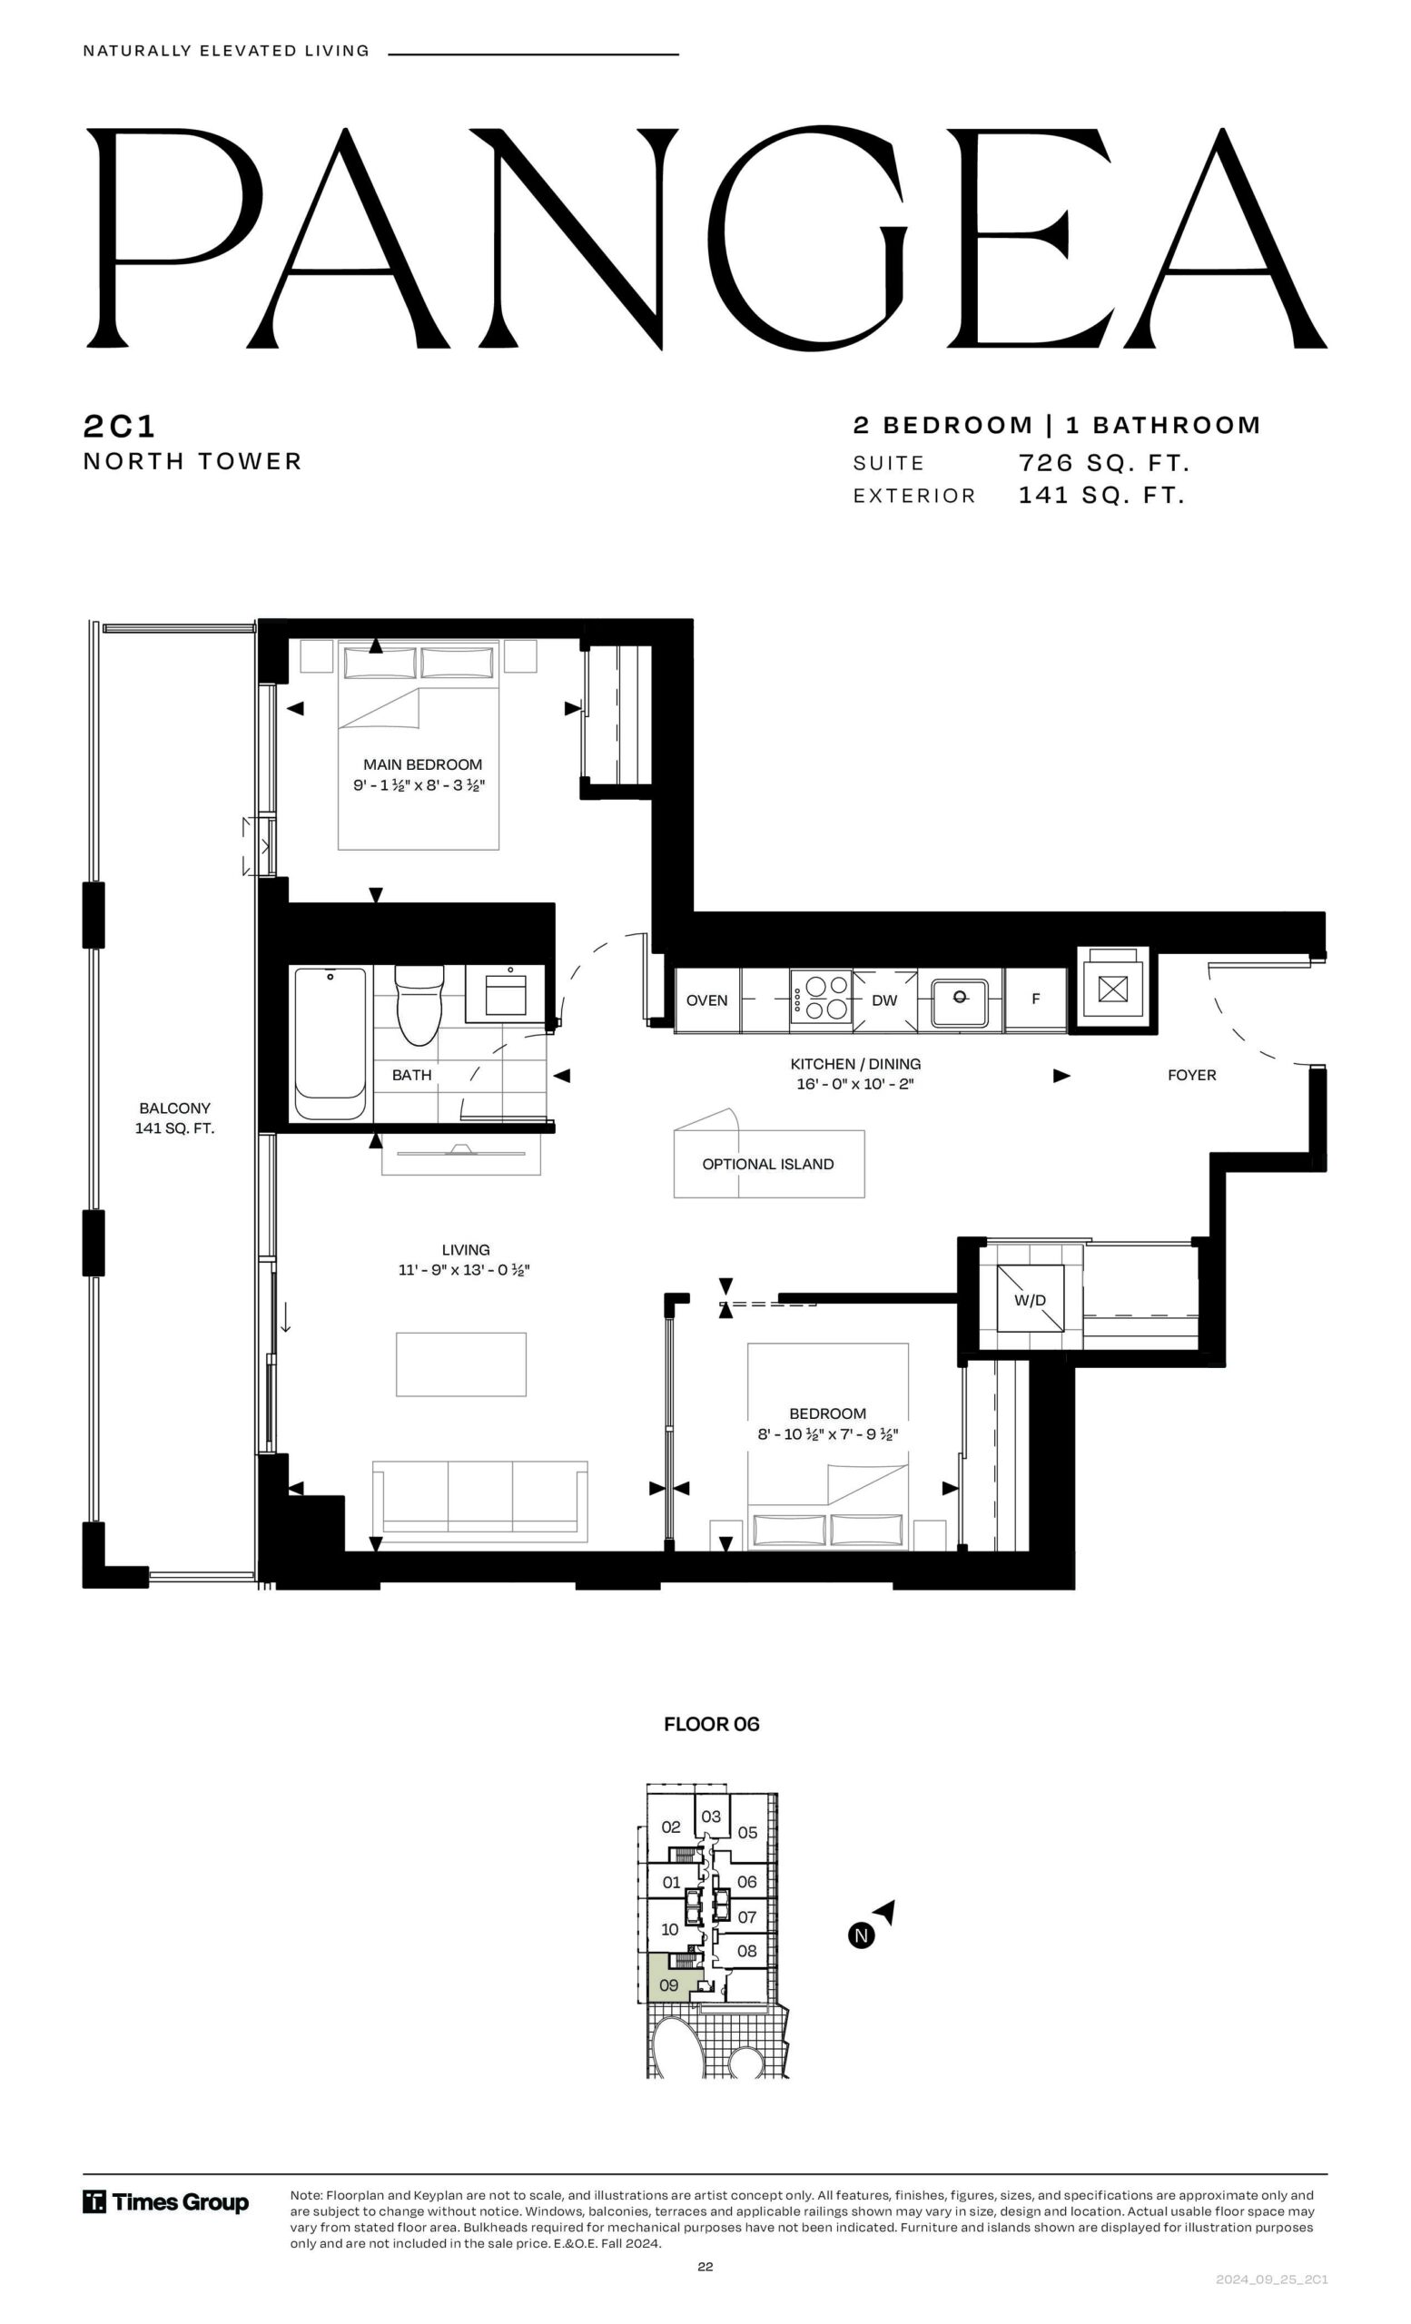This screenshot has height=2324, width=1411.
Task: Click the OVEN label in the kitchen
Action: [706, 1000]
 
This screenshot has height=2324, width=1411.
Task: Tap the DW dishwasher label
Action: [883, 1000]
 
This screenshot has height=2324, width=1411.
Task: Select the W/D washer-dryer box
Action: [1030, 1299]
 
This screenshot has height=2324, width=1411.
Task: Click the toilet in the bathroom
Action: [418, 1003]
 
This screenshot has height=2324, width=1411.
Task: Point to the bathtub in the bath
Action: [331, 1044]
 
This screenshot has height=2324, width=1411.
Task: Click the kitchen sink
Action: [959, 1002]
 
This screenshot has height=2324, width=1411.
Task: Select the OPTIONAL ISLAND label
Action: [768, 1164]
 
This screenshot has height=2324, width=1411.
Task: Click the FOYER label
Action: [1191, 1075]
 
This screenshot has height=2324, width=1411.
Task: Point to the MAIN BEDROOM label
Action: [422, 764]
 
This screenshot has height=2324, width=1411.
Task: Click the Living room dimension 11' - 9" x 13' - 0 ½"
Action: [464, 1269]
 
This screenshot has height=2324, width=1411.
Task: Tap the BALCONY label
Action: [174, 1108]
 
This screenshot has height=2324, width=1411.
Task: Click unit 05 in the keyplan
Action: [747, 1832]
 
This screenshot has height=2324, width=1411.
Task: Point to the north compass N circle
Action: [860, 1935]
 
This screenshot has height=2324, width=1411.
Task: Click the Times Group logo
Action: [166, 2202]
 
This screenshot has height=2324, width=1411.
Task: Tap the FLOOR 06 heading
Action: [711, 1724]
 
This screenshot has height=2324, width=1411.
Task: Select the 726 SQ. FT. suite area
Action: [1103, 463]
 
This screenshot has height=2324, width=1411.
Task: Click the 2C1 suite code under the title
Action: [119, 427]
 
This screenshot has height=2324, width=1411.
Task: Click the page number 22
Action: [705, 2267]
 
